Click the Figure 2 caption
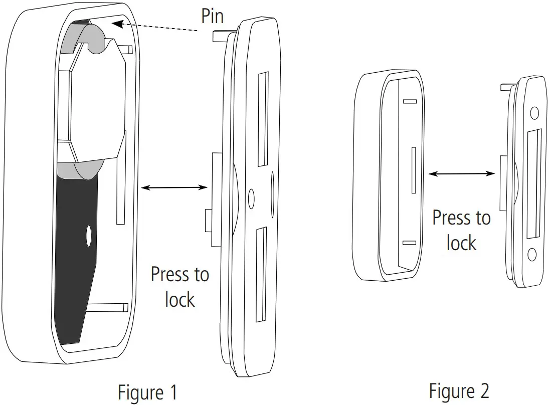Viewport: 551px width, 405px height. click(x=459, y=389)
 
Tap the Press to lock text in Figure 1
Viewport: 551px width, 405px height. click(x=179, y=287)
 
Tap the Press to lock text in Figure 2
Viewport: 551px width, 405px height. click(x=461, y=231)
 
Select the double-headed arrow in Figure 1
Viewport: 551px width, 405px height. click(x=174, y=187)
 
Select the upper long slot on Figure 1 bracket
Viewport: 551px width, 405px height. click(x=263, y=119)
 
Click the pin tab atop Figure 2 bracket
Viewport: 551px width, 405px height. click(x=506, y=88)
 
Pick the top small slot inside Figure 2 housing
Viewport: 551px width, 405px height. click(x=410, y=102)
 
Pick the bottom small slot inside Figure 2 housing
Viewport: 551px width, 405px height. click(x=410, y=243)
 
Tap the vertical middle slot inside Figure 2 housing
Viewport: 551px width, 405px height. click(x=413, y=170)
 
